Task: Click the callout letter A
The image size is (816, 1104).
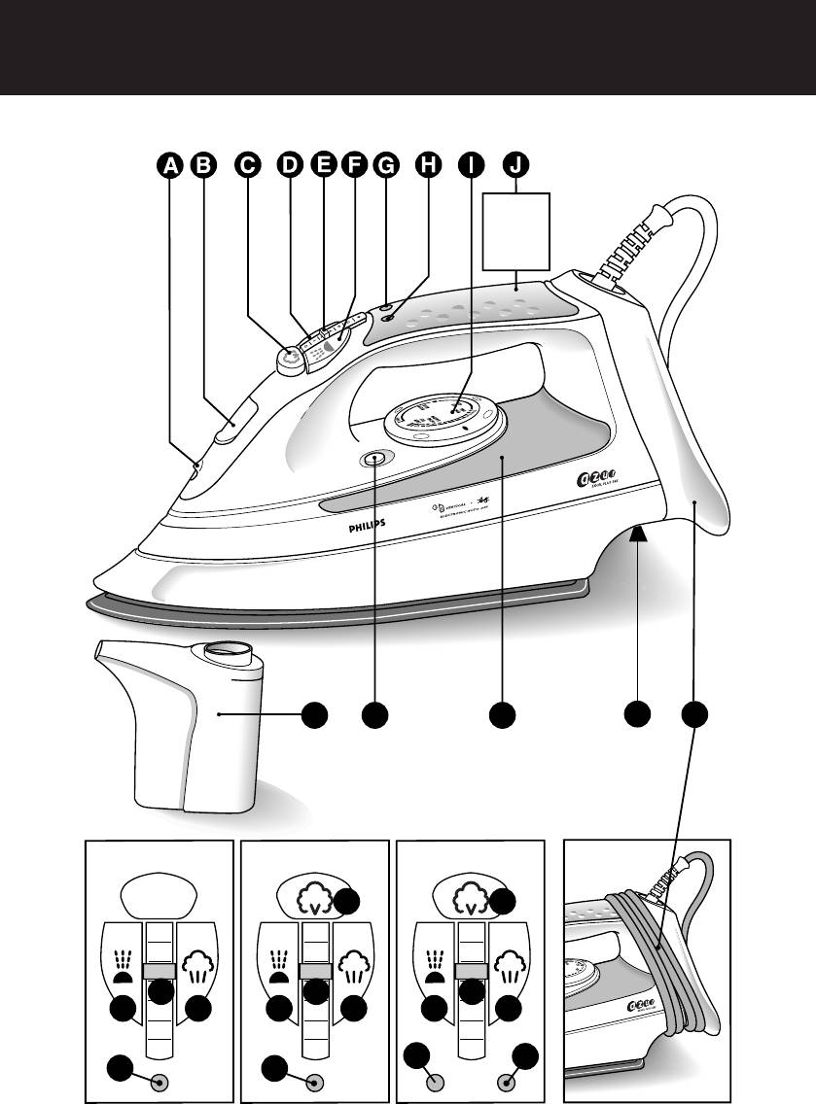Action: point(170,165)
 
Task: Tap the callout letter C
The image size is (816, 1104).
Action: point(249,165)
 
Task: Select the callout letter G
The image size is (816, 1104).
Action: point(386,165)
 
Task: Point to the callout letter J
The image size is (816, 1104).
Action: point(514,165)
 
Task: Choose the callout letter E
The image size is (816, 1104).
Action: point(323,165)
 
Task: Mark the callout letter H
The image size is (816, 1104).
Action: point(427,165)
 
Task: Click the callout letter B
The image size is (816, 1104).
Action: point(202,165)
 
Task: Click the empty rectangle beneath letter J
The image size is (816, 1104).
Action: point(515,232)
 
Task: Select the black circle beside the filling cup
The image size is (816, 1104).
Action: point(313,715)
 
